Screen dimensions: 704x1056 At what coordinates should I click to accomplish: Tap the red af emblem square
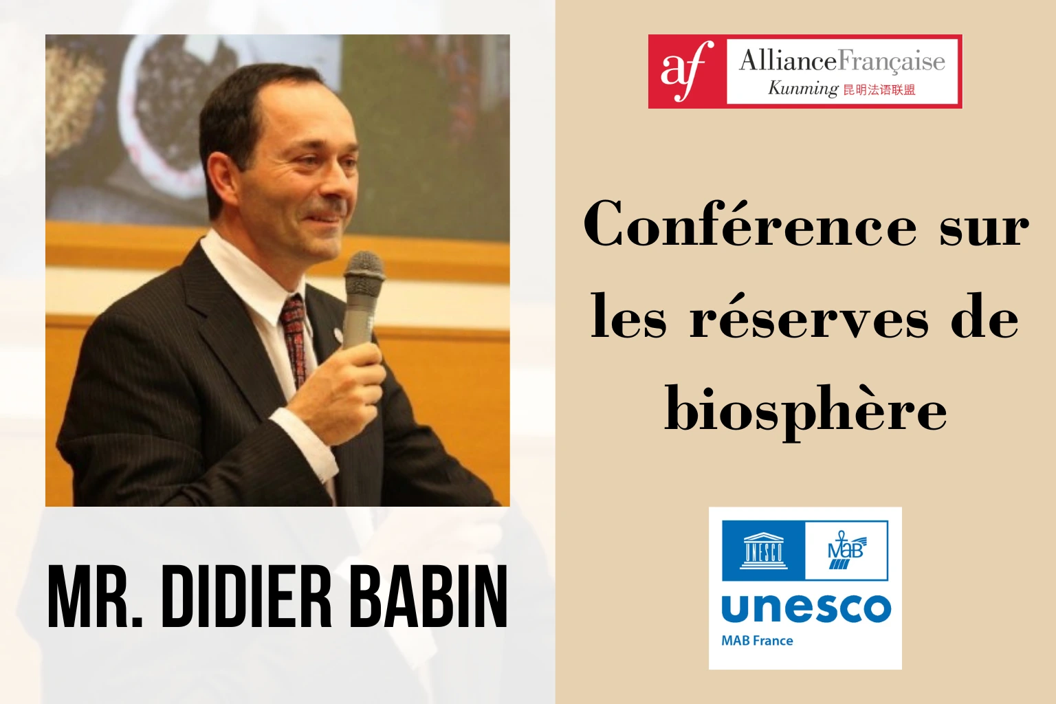click(687, 71)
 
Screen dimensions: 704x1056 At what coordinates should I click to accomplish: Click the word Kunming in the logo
click(802, 89)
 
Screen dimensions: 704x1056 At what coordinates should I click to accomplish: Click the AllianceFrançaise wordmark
click(841, 62)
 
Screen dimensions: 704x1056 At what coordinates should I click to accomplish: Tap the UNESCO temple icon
click(762, 550)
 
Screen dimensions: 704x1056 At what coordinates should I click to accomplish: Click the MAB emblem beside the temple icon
click(846, 551)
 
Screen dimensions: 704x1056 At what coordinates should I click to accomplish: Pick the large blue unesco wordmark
click(806, 608)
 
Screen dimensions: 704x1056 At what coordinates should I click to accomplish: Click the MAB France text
click(757, 641)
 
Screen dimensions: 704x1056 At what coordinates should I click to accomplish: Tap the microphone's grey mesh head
click(364, 271)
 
